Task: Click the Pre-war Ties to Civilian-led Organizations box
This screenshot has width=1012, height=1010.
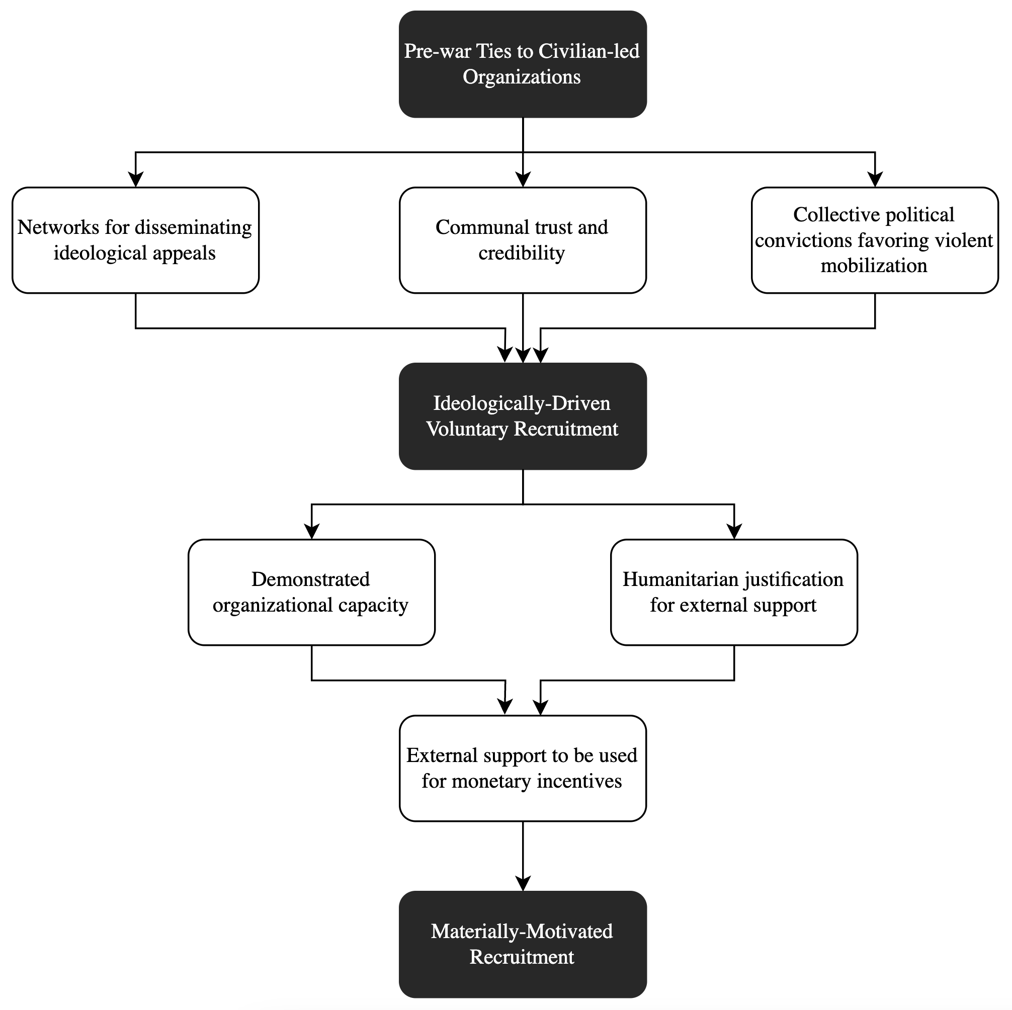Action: click(523, 64)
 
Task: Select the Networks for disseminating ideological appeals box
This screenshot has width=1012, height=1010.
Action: click(136, 240)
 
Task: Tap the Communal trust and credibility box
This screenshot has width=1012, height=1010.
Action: click(523, 240)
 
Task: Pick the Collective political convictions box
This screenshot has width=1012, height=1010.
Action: click(875, 240)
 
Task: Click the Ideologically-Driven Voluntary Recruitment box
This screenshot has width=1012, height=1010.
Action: click(523, 416)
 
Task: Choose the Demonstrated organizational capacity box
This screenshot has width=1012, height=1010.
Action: click(312, 592)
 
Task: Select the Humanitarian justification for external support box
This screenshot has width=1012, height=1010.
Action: click(734, 592)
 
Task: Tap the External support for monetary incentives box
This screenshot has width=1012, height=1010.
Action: click(523, 768)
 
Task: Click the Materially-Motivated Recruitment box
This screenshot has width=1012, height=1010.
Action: click(523, 944)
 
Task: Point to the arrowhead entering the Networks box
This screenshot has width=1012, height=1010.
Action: click(136, 180)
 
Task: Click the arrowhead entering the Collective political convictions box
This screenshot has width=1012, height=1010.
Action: click(875, 180)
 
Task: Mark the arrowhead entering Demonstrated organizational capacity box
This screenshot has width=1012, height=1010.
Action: click(312, 532)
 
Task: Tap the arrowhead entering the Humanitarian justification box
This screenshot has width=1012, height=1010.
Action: click(734, 532)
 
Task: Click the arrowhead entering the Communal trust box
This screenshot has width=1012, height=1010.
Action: click(523, 180)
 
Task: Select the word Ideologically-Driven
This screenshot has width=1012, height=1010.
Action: click(522, 403)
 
